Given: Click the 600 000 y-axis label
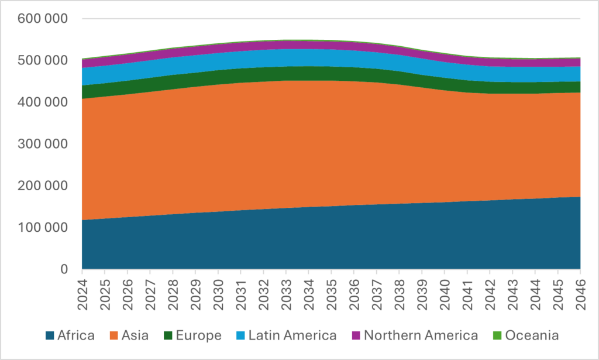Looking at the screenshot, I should coord(43,18).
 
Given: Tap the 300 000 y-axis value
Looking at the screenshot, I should coord(43,144).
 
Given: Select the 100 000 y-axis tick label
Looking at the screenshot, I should coord(43,228).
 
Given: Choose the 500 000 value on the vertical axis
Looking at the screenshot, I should coord(43,60).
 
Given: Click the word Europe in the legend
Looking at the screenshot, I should coord(200,335).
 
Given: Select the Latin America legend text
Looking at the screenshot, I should coord(292,335).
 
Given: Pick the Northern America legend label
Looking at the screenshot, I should coord(421,335).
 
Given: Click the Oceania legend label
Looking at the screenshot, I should coord(532,335).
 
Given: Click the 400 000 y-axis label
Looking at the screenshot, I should coord(43,102).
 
